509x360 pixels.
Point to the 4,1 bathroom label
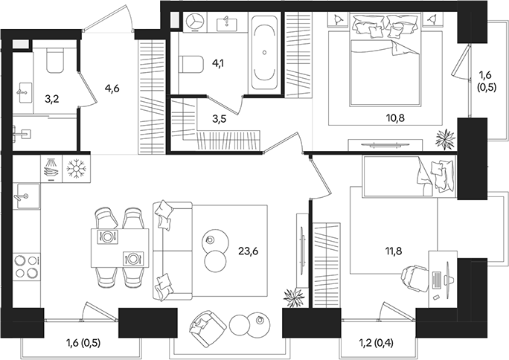click(x=218, y=63)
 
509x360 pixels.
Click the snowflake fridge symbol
click(x=77, y=170)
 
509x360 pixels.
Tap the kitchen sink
click(x=24, y=196)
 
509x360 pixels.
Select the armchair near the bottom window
click(x=206, y=324)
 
